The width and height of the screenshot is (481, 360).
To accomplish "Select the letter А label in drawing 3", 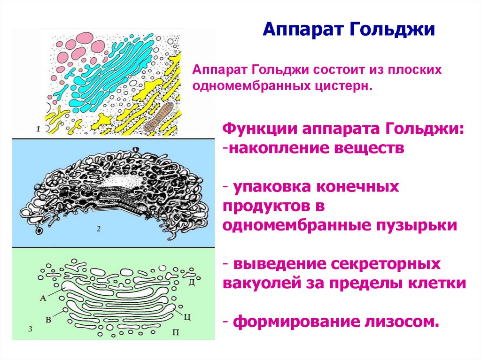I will click(x=43, y=297).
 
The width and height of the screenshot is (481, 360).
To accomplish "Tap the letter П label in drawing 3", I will click(x=176, y=333).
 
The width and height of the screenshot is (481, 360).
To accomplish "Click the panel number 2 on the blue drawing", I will click(x=99, y=229).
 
